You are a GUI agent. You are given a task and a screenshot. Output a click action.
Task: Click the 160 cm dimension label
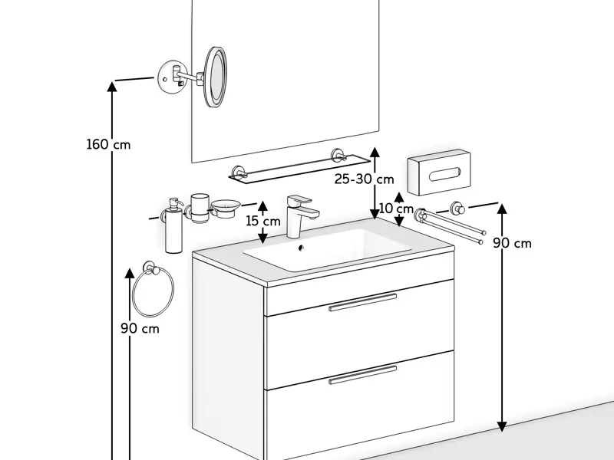pyautogui.click(x=108, y=144)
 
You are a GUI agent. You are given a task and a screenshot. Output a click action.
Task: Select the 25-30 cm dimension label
pyautogui.click(x=364, y=179)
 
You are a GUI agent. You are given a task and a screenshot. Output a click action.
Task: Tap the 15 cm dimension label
pyautogui.click(x=262, y=222)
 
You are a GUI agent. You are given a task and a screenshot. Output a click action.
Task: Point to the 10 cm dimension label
pyautogui.click(x=396, y=209)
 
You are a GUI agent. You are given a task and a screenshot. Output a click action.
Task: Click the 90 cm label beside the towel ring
pyautogui.click(x=140, y=328)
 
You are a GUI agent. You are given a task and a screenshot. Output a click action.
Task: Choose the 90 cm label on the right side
pyautogui.click(x=512, y=243)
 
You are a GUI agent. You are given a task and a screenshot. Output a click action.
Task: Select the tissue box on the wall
pyautogui.click(x=438, y=172)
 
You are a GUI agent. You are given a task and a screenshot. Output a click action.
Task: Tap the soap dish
pyautogui.click(x=226, y=205)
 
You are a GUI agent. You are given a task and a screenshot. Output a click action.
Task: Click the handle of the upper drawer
pyautogui.click(x=362, y=302)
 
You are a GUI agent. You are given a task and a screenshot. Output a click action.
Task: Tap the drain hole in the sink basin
pyautogui.click(x=300, y=248)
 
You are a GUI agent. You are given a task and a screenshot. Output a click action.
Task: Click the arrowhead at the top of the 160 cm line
pyautogui.click(x=113, y=86)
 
